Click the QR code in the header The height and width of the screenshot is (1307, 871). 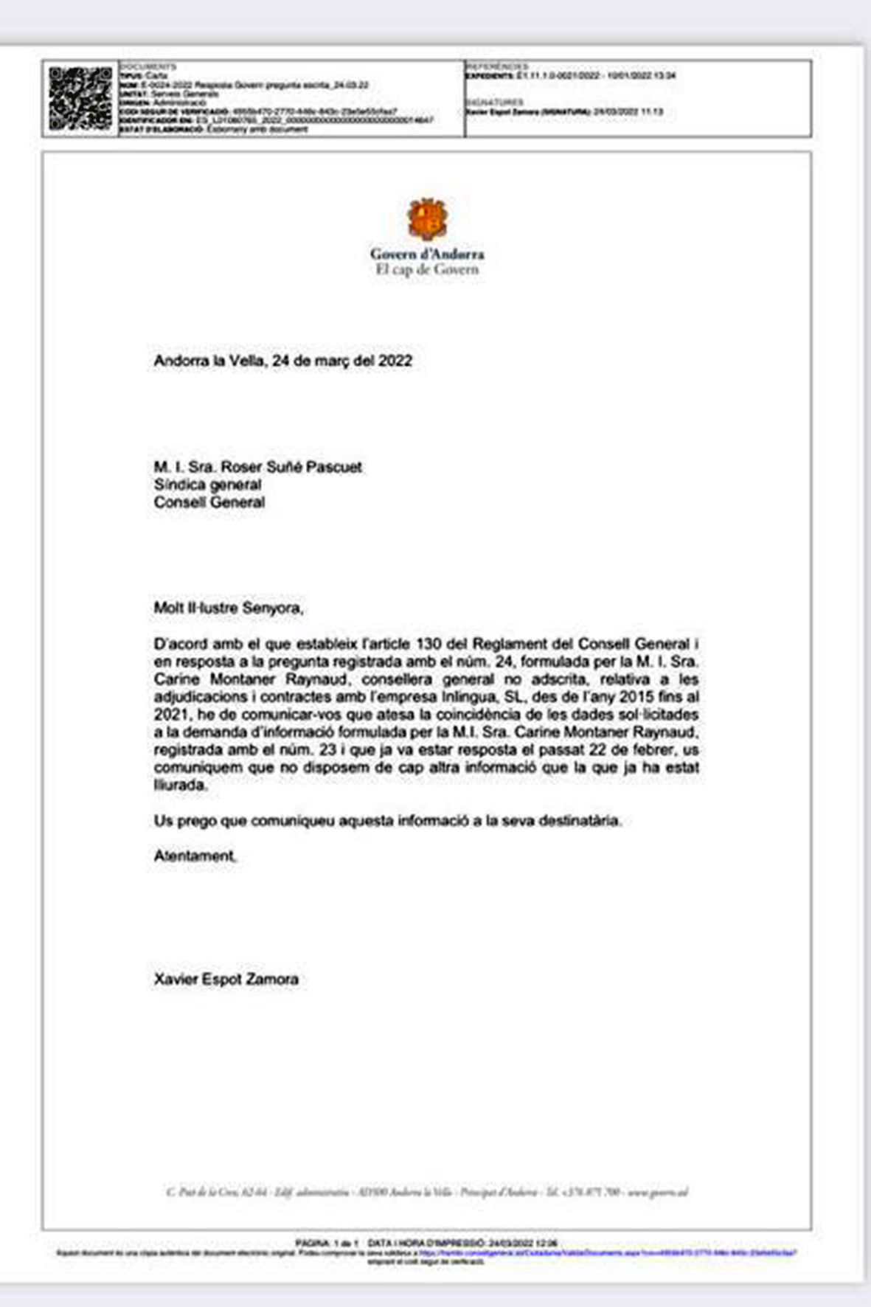(x=80, y=98)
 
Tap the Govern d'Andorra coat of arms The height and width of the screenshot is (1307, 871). (x=428, y=219)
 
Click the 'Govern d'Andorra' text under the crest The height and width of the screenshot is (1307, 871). (x=427, y=254)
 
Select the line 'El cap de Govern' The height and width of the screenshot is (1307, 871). (x=427, y=269)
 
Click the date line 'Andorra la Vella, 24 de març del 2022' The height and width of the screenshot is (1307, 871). (x=282, y=361)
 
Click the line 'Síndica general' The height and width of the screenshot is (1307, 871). (x=207, y=485)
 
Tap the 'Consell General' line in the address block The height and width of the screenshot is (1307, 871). (x=209, y=502)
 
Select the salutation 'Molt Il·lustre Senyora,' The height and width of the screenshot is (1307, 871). (x=229, y=608)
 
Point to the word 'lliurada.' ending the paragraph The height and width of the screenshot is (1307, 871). (x=181, y=785)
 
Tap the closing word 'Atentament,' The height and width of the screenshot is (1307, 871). (x=195, y=856)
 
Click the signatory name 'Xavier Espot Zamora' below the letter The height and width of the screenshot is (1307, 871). (x=226, y=979)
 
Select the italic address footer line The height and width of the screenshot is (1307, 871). (x=427, y=1192)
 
